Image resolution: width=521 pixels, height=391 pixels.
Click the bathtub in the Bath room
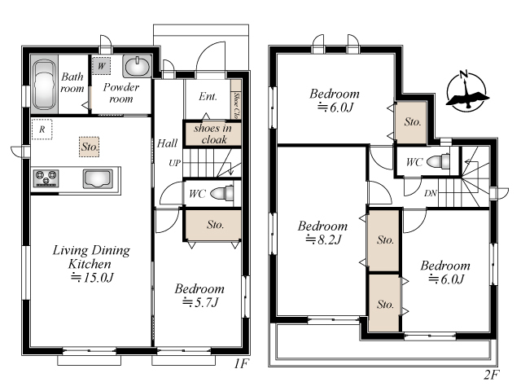tap(44, 85)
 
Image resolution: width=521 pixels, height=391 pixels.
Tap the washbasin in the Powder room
tap(137, 66)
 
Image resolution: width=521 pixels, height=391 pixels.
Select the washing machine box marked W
tap(101, 66)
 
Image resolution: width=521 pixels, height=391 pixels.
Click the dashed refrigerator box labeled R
tap(42, 129)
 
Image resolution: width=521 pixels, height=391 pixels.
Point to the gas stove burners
tap(46, 178)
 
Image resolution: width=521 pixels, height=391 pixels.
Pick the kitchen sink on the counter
tap(98, 179)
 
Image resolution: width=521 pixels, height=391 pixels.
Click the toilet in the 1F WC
tap(222, 194)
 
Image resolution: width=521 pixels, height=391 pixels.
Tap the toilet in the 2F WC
tap(438, 162)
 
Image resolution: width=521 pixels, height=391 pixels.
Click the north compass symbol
tap(466, 90)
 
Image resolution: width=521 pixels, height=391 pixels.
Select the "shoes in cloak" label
tap(212, 134)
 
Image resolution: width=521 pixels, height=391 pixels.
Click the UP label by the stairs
tap(175, 163)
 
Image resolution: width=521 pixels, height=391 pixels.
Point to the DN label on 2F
tap(431, 193)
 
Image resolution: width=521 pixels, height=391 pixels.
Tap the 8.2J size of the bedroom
tap(324, 239)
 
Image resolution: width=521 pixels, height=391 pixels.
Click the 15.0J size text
tap(92, 277)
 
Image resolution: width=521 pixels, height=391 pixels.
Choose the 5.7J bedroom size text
tap(200, 302)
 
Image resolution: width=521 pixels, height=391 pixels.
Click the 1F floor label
tap(241, 364)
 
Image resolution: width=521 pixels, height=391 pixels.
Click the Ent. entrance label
tap(208, 96)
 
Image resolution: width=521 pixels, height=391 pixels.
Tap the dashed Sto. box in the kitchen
tap(90, 147)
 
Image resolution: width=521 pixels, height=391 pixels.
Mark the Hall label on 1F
tap(167, 143)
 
